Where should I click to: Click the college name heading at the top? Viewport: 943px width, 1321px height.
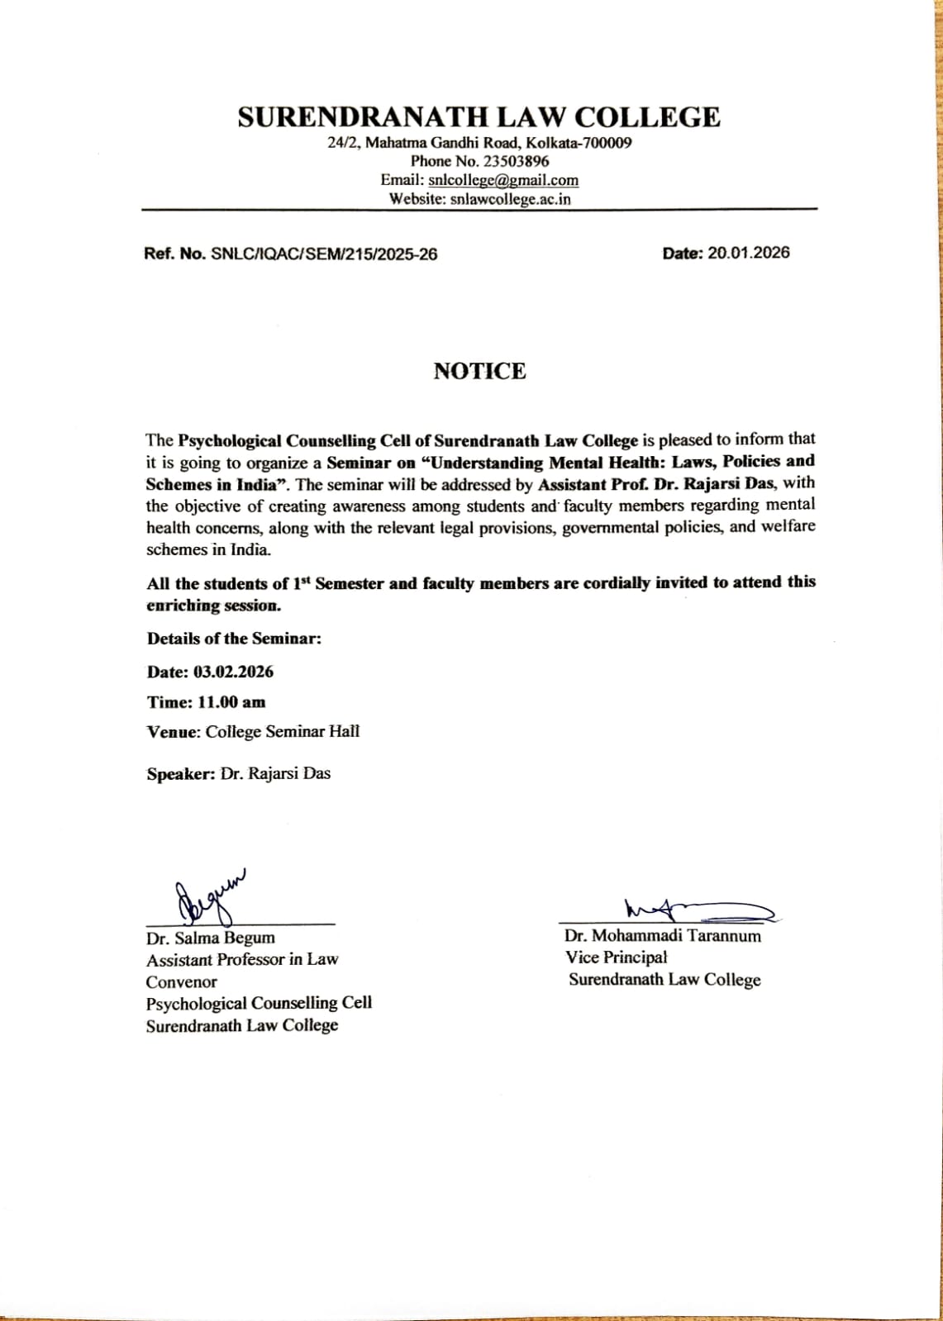click(x=479, y=116)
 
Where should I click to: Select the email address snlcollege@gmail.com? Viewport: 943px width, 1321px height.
click(x=503, y=180)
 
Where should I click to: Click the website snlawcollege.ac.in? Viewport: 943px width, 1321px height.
click(x=510, y=199)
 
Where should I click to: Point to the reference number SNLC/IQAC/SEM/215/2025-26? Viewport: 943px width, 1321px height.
click(x=324, y=254)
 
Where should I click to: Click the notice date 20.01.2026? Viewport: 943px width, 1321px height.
click(x=748, y=253)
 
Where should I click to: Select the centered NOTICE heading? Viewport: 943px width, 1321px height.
click(x=479, y=371)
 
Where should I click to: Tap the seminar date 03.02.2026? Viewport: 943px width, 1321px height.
click(x=233, y=672)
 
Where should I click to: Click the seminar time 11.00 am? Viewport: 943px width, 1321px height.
click(x=231, y=702)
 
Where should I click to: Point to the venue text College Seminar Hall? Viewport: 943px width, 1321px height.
click(x=282, y=732)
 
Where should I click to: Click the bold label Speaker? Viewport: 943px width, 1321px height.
click(x=181, y=774)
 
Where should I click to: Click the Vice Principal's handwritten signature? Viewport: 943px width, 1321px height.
click(x=699, y=910)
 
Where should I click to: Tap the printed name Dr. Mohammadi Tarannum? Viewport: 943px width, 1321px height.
click(x=663, y=936)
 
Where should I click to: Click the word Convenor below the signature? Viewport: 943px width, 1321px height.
click(x=181, y=982)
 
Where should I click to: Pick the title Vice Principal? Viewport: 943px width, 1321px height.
click(x=616, y=957)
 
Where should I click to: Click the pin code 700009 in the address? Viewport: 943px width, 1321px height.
click(x=607, y=143)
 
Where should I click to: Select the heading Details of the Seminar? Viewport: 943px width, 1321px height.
click(x=234, y=639)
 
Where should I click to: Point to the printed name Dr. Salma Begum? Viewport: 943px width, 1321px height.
click(x=211, y=938)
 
